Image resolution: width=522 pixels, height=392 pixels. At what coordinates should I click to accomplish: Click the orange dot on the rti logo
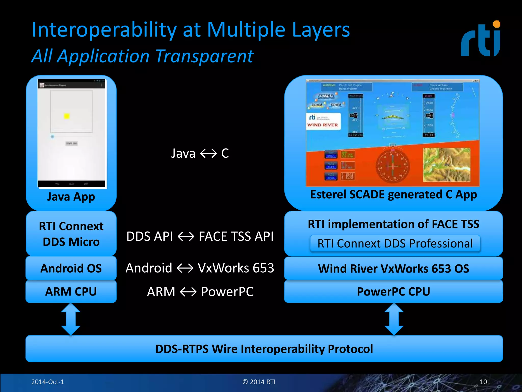(497, 24)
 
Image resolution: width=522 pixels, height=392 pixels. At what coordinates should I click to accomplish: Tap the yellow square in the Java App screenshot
(67, 116)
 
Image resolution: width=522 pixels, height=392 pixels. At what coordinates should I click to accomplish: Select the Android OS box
(71, 268)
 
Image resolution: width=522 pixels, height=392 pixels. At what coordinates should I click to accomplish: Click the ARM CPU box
(71, 291)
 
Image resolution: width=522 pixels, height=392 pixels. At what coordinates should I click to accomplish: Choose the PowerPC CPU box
(393, 291)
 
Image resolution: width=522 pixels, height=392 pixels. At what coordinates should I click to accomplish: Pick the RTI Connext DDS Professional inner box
(395, 243)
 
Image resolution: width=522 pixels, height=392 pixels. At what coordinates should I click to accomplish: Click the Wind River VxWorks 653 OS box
(393, 268)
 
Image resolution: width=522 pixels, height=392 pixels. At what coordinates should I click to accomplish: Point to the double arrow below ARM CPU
(71, 319)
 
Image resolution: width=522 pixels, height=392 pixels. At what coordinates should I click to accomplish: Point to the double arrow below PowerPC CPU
(394, 319)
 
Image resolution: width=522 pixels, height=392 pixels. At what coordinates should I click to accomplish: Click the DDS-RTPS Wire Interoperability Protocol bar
(264, 349)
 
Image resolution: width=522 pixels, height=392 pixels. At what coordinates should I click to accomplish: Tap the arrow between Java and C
(208, 153)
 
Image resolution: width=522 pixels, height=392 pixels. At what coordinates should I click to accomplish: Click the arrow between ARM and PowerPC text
(188, 292)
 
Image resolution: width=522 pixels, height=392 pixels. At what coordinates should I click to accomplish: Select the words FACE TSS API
(236, 236)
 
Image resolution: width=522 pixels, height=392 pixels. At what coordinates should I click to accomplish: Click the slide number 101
(485, 382)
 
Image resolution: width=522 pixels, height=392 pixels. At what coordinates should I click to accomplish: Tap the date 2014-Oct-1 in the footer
(48, 382)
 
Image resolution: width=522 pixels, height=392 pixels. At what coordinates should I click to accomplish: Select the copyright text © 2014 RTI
(259, 382)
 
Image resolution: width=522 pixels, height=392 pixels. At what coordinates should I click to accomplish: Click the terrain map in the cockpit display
(446, 165)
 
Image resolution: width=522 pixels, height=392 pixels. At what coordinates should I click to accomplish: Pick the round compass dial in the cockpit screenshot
(393, 166)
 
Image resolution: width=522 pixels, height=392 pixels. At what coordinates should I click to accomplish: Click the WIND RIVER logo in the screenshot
(322, 125)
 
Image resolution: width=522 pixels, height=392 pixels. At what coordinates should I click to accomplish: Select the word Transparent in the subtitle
(204, 56)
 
